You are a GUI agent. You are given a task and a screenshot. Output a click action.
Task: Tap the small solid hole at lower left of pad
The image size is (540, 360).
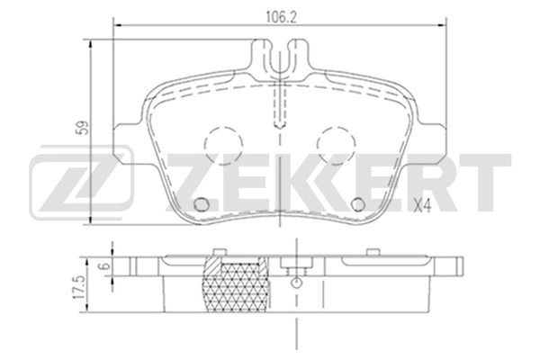pos(202,202)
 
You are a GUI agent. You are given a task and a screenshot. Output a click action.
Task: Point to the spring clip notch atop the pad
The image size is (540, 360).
pos(283,62)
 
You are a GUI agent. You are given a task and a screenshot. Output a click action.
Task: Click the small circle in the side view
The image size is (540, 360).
pos(294,283)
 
